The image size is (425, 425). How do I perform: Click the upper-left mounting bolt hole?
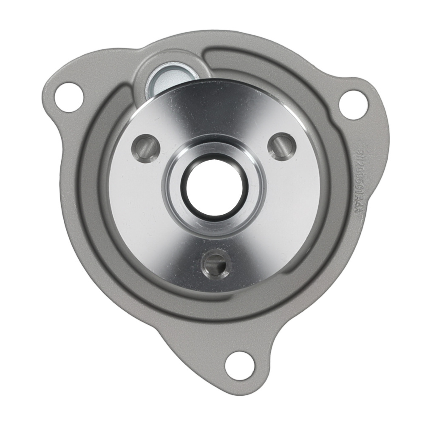click(x=68, y=95)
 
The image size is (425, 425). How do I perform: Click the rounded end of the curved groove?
click(x=212, y=57)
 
